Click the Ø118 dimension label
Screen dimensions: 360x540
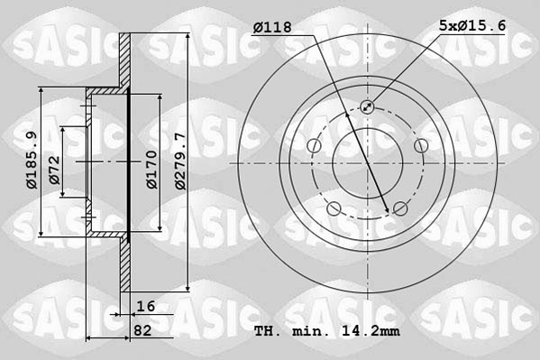tap(272, 28)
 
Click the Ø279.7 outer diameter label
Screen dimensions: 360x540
tap(180, 160)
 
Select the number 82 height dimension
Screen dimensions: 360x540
tap(141, 331)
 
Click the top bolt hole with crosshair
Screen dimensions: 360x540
tap(368, 107)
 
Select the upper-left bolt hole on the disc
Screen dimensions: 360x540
tap(314, 146)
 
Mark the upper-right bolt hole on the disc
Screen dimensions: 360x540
tap(420, 146)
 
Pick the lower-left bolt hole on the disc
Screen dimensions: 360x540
tap(334, 209)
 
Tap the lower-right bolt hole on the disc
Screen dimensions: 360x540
tap(400, 209)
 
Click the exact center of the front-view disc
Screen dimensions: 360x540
tap(367, 162)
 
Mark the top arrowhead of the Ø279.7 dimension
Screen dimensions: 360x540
tap(187, 37)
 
